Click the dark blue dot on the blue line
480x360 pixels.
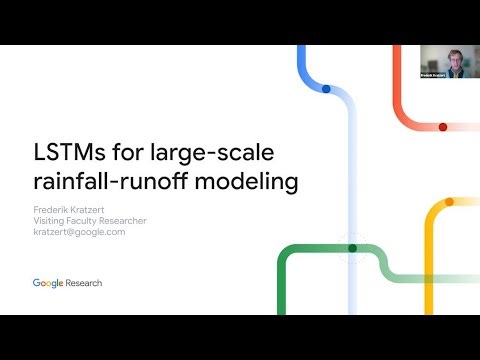coord(326,89)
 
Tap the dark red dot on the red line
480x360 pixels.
coord(443,127)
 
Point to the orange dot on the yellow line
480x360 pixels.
coord(449,201)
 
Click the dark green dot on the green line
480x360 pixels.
coord(352,247)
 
